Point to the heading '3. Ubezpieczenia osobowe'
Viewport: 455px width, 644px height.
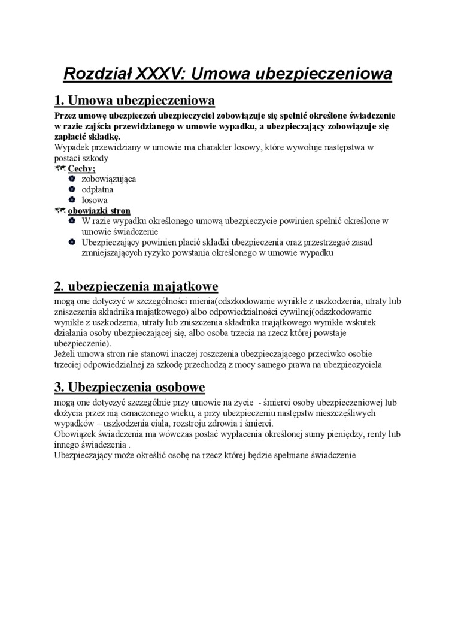[129, 386]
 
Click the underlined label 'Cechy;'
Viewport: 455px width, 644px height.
[81, 169]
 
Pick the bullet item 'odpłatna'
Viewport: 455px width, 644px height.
[97, 190]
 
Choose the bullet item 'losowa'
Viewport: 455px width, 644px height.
[95, 200]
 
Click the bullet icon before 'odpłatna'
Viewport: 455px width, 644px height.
[71, 190]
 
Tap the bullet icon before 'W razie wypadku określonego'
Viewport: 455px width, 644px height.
[71, 221]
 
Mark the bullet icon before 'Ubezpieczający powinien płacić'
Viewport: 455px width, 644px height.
[71, 242]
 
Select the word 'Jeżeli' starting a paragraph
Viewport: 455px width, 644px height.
[65, 354]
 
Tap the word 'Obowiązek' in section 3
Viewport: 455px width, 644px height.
[74, 434]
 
